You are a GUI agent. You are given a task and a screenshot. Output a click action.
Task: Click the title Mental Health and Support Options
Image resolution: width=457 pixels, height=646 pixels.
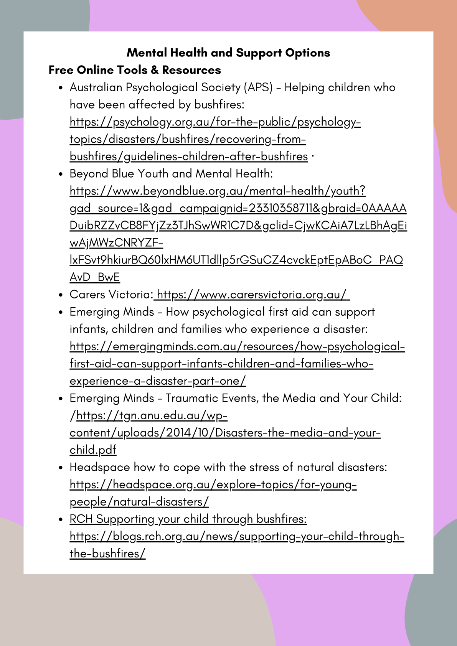click(x=228, y=53)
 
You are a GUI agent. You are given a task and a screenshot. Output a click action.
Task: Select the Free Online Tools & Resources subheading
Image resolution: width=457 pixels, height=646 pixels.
click(x=135, y=70)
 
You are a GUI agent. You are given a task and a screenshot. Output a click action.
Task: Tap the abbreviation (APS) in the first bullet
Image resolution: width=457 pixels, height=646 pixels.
click(x=258, y=87)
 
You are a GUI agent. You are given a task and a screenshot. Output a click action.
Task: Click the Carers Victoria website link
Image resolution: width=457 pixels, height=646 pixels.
click(x=253, y=295)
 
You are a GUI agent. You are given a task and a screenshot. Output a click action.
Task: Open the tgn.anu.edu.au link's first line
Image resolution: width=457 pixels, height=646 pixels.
click(x=152, y=415)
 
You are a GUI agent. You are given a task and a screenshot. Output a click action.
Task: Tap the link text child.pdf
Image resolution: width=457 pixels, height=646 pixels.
click(x=93, y=450)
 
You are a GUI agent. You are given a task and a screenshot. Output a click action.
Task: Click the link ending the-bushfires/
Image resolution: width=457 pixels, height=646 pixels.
click(x=107, y=554)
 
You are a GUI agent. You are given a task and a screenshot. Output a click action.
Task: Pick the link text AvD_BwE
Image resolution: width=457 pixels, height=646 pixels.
click(x=95, y=277)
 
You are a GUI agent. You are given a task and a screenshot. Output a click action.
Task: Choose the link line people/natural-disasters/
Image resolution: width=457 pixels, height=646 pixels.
click(x=139, y=502)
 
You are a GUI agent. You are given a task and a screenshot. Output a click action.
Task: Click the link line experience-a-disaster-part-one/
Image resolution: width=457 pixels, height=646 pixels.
click(x=158, y=381)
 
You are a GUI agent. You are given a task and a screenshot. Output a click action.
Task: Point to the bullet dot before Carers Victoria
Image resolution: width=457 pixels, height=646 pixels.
click(x=61, y=295)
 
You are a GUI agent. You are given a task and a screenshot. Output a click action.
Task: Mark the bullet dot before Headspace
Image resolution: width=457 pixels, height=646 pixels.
click(x=61, y=468)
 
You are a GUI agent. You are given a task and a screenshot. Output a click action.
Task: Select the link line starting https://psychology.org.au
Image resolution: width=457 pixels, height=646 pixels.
click(x=215, y=122)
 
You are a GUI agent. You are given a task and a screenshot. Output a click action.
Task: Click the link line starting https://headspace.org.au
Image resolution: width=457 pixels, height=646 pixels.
click(x=213, y=484)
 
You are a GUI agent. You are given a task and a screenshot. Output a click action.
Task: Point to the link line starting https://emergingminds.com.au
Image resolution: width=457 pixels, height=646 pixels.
click(x=237, y=346)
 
